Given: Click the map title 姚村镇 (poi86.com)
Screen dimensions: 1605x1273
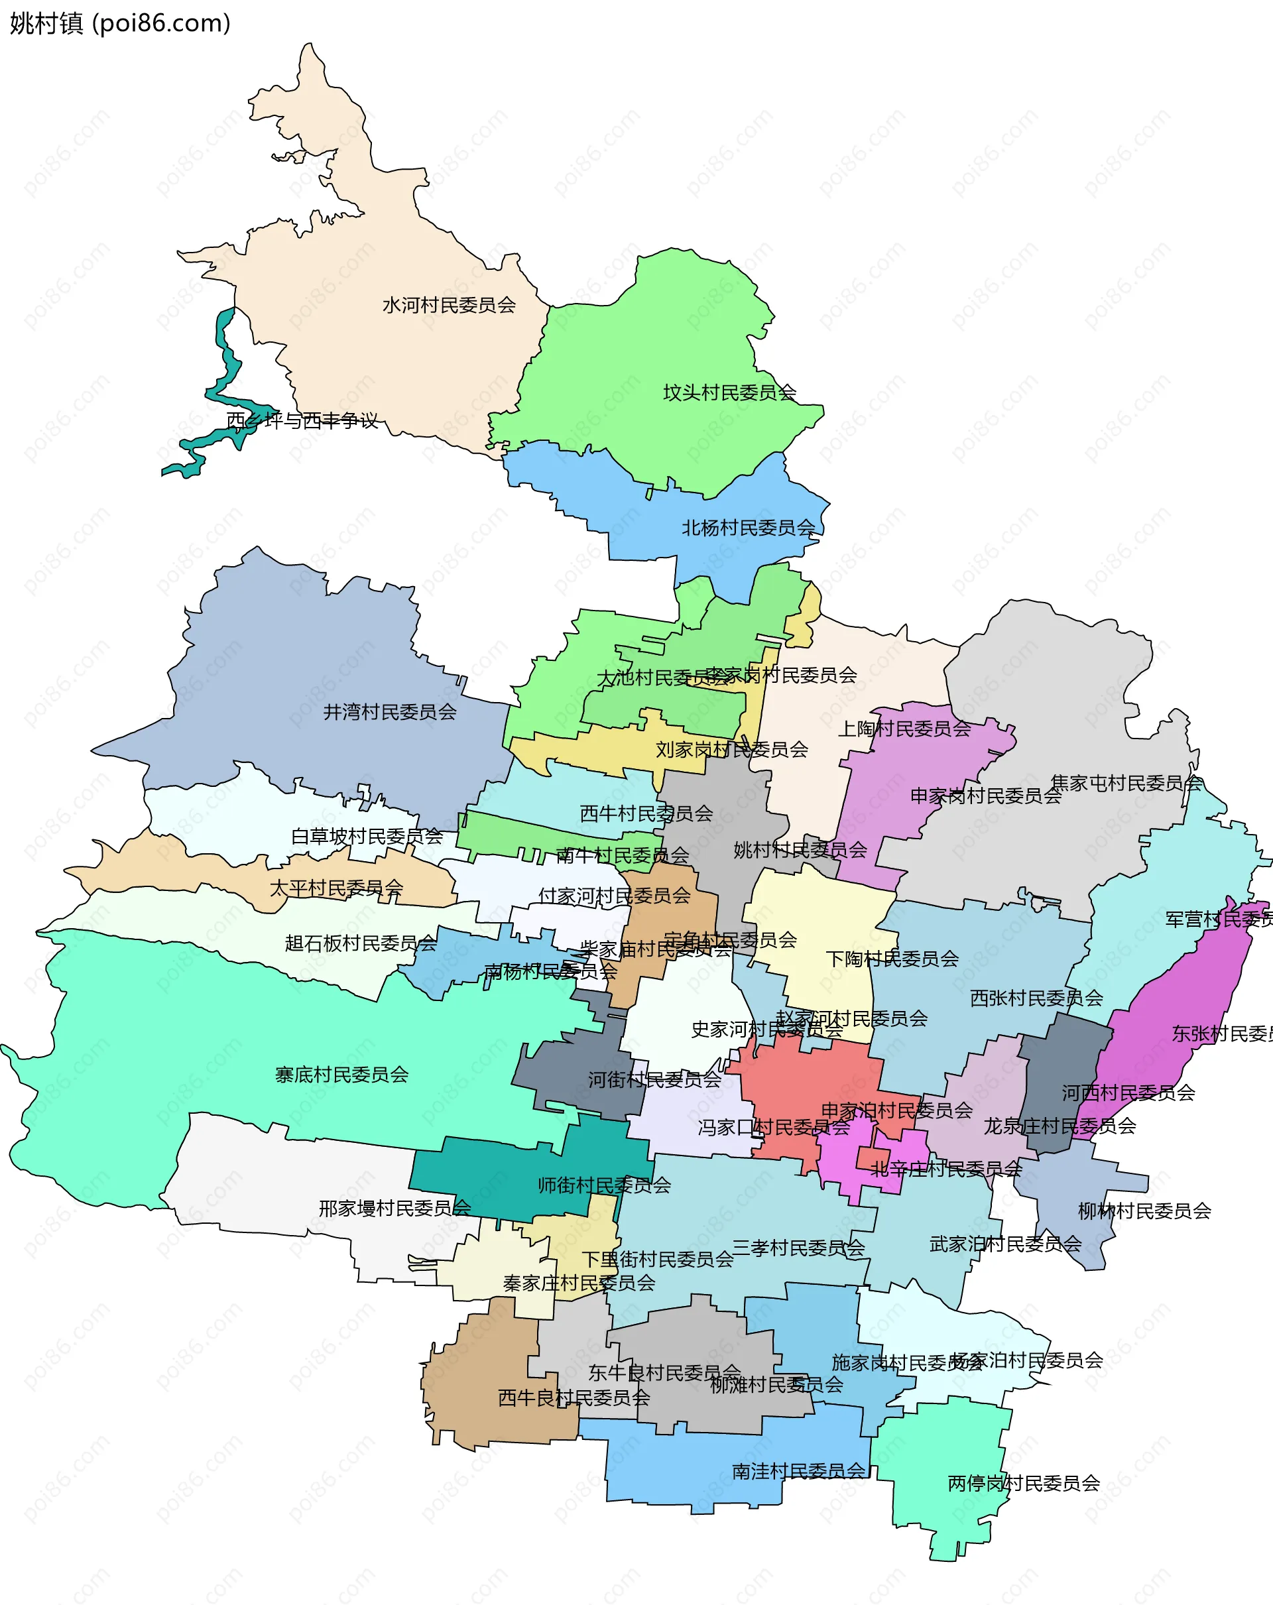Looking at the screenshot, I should (x=120, y=24).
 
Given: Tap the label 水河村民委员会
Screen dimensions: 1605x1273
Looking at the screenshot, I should (x=449, y=305).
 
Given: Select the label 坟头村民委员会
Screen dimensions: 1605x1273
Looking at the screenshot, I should (x=729, y=392).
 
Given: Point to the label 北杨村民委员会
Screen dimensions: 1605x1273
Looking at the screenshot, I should (x=748, y=528).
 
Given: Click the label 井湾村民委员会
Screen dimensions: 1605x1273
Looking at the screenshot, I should (x=389, y=712).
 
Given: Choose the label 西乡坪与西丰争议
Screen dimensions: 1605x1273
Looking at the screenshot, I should (x=302, y=420).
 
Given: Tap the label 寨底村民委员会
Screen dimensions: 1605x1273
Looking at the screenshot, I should (x=341, y=1074).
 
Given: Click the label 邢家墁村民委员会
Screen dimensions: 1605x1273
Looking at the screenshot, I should (x=394, y=1208).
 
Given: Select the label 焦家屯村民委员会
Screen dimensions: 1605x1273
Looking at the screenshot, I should (x=1126, y=782).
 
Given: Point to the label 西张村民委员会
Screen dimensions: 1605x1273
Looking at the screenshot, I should (x=1036, y=998).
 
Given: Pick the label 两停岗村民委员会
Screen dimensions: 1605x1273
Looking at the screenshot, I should (x=1024, y=1484).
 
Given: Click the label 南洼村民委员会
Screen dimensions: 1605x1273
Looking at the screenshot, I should (x=798, y=1471).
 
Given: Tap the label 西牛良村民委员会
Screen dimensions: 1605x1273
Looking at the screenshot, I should (x=574, y=1398).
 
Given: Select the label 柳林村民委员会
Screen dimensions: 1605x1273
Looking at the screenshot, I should (x=1144, y=1211).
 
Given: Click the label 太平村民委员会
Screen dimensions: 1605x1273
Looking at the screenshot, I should (x=335, y=888).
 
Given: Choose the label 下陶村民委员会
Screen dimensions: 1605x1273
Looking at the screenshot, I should (x=892, y=959).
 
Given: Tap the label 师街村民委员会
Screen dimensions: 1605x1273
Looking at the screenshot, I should (x=604, y=1185).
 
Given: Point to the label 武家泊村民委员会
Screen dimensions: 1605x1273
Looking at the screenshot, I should (x=1005, y=1243).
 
